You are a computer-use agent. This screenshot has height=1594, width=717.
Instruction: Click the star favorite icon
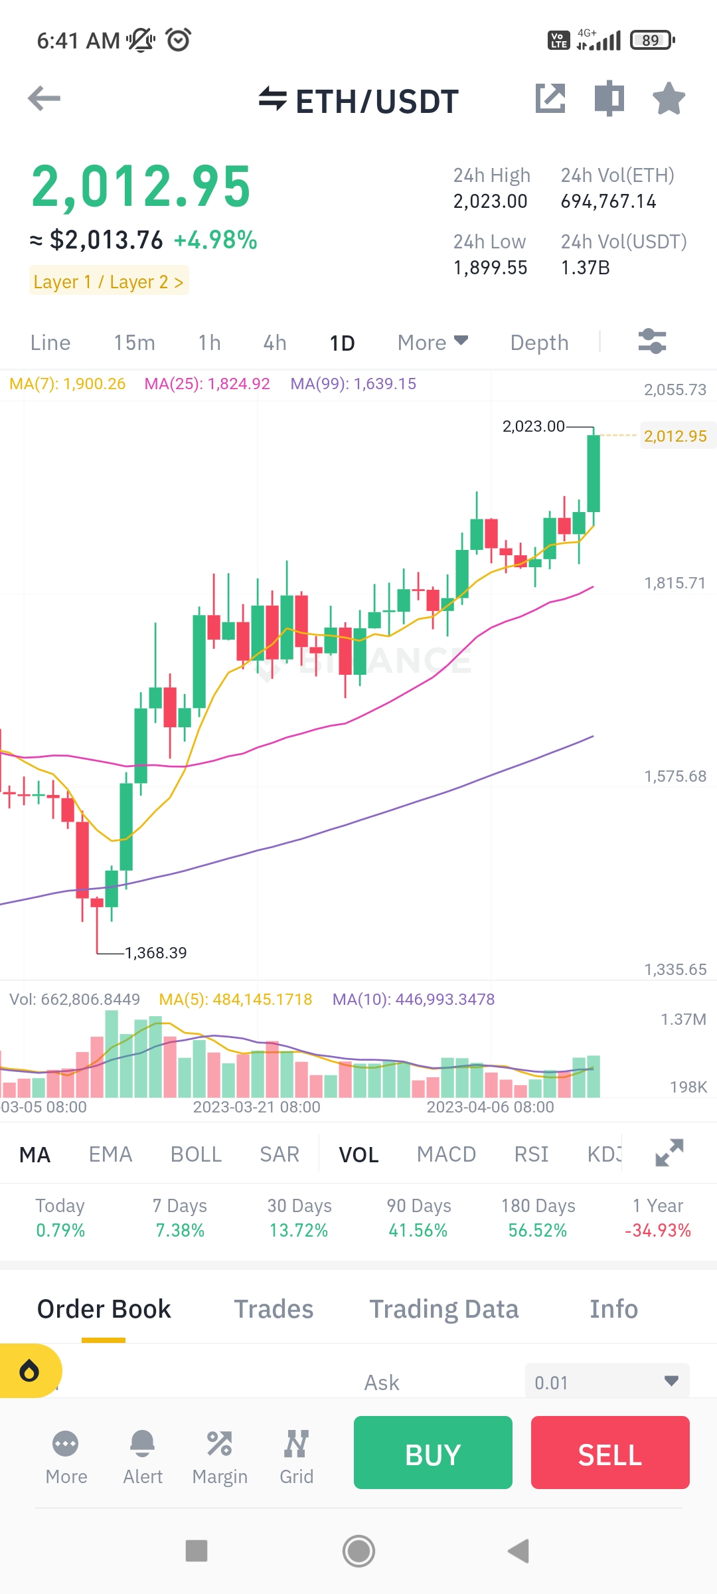coord(669,99)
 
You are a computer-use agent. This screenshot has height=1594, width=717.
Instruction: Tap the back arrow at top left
coord(44,99)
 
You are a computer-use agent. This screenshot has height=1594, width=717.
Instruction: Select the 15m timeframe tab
coord(134,343)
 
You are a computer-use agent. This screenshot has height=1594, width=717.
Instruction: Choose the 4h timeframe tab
coord(275,343)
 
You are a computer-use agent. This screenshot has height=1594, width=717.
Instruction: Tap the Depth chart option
coord(539,343)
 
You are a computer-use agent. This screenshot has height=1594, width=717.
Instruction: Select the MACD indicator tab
coord(446,1154)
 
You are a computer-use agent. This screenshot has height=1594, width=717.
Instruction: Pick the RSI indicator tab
coord(531,1154)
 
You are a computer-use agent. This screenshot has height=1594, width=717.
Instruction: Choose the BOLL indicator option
coord(196,1154)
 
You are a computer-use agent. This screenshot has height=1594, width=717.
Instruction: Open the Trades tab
coord(274,1309)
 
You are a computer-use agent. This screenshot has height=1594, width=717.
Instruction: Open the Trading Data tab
coord(443,1309)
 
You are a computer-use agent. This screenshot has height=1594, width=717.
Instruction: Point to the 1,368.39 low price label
coord(156,953)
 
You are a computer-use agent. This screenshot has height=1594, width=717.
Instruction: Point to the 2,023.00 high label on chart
coord(533,426)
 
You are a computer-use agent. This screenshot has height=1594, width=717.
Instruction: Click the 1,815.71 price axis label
coord(675,583)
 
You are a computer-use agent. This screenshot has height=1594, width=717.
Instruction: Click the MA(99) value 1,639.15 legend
coord(353,384)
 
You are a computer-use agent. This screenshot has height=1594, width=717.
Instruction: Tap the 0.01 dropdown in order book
coord(607,1381)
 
